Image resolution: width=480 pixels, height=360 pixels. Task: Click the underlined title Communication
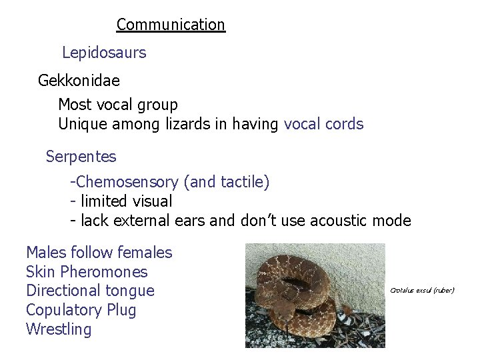click(171, 25)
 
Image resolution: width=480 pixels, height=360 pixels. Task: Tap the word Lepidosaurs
click(104, 52)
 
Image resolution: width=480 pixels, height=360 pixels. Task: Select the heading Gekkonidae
click(79, 81)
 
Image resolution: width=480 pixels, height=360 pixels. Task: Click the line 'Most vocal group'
click(118, 105)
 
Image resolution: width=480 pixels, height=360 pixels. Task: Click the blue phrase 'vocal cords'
click(323, 124)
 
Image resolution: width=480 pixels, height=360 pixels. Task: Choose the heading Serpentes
click(81, 157)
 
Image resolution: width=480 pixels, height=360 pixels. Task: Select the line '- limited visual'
click(121, 201)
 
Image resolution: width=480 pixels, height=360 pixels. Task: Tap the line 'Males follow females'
click(99, 253)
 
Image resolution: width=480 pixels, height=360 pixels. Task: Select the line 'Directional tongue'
click(90, 291)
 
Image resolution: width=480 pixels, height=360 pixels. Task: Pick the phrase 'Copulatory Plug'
click(81, 310)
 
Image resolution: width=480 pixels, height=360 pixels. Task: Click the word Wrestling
click(59, 329)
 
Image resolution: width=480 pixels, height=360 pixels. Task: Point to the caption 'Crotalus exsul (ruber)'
click(422, 291)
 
